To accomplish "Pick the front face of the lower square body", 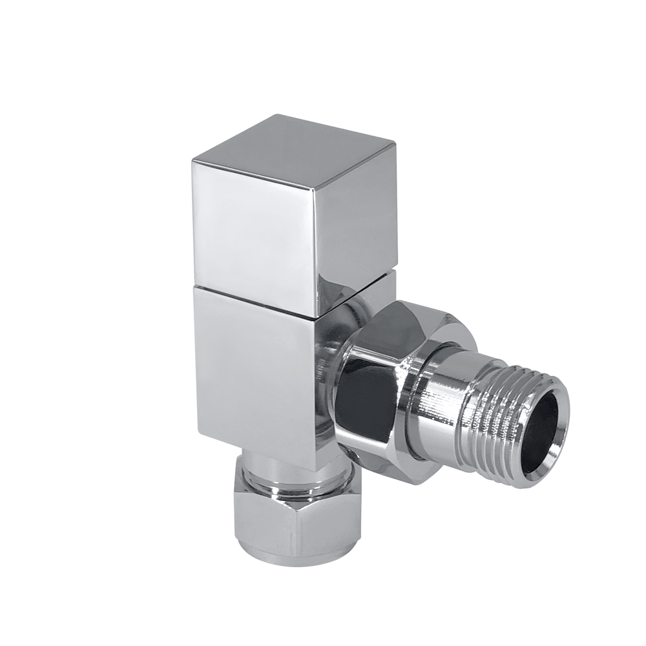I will [x=255, y=375].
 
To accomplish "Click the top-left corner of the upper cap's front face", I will [x=193, y=158].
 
